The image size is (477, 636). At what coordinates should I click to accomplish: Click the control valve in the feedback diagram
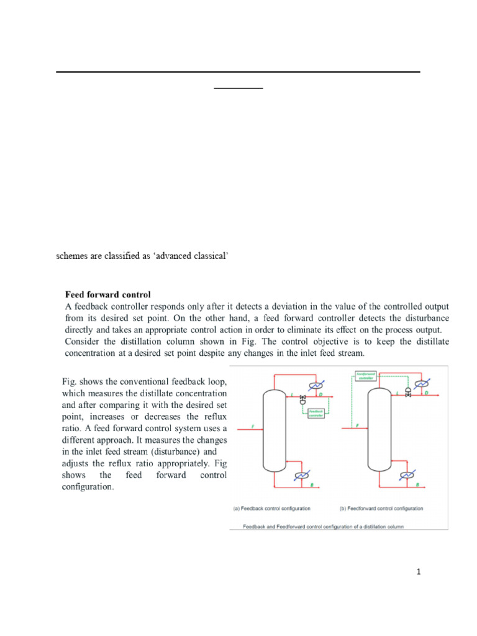[302, 397]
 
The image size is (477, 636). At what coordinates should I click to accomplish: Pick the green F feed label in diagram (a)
[252, 425]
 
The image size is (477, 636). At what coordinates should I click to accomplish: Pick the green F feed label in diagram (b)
[357, 425]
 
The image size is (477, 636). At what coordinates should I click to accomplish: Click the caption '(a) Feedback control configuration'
[271, 508]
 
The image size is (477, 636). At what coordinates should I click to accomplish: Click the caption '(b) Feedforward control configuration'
[381, 508]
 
